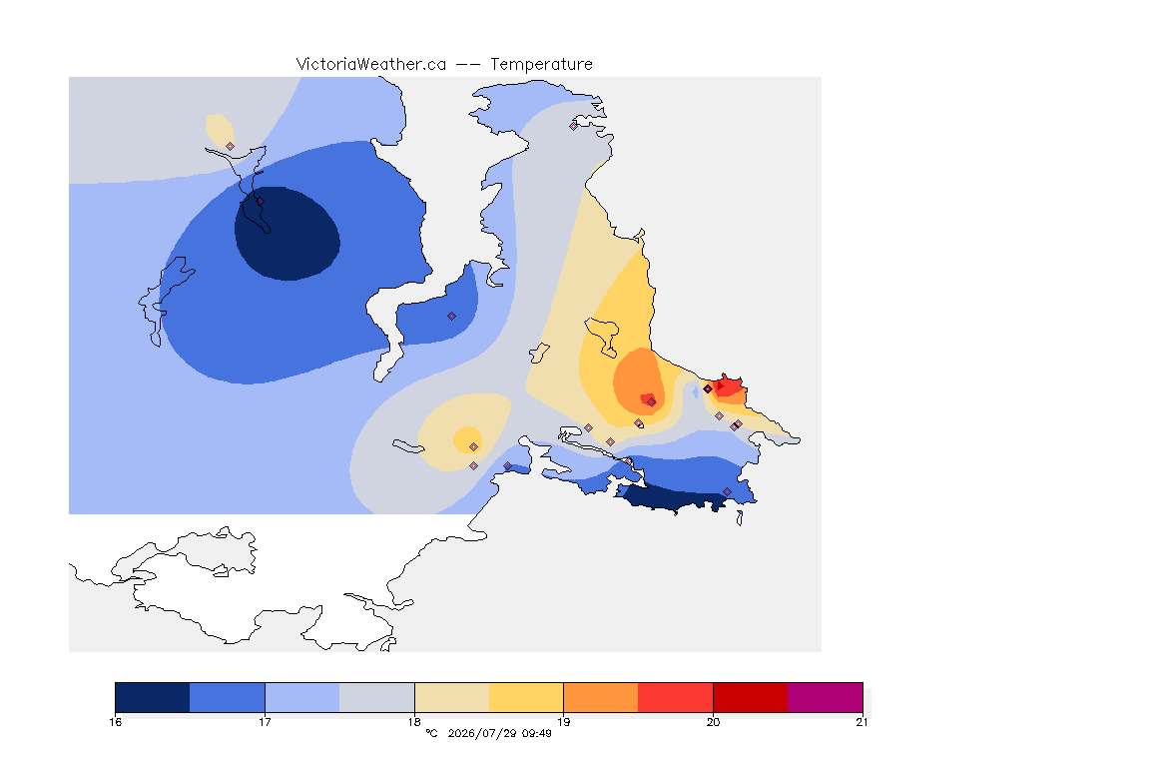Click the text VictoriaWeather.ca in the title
371,65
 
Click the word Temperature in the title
541,65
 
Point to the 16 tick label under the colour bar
115,722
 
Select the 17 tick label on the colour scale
265,722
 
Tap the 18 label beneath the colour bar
414,722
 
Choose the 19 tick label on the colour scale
563,722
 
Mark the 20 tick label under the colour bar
713,722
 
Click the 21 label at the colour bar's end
862,722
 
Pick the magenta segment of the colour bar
826,697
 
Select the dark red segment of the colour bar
751,697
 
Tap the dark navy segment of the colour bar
153,697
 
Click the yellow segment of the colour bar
526,697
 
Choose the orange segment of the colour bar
601,697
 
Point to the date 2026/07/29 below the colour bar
481,733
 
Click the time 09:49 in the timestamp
537,733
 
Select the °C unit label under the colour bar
431,733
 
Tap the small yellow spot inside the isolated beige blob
468,439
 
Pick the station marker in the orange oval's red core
651,401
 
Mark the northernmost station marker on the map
574,126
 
